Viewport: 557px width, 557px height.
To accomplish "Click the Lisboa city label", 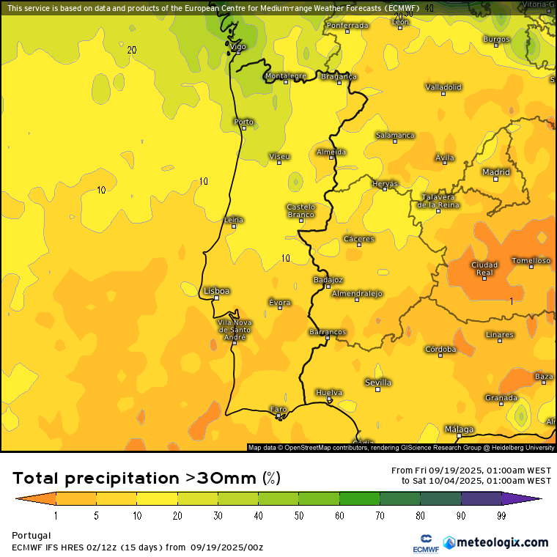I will pyautogui.click(x=217, y=291).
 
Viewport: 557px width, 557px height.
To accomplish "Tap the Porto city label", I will pyautogui.click(x=243, y=122).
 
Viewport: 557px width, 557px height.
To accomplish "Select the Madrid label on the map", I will pyautogui.click(x=496, y=172).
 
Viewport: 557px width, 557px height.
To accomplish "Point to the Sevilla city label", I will pyautogui.click(x=378, y=383).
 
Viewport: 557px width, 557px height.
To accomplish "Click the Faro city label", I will pyautogui.click(x=278, y=409).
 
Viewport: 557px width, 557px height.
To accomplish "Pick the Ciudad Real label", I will pyautogui.click(x=484, y=269).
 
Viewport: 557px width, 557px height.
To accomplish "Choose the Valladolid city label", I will pyautogui.click(x=443, y=86).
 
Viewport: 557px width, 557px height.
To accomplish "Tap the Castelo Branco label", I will pyautogui.click(x=300, y=210).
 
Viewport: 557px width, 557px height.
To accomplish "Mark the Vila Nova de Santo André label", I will pyautogui.click(x=235, y=331).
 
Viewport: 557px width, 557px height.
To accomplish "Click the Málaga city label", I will pyautogui.click(x=460, y=429).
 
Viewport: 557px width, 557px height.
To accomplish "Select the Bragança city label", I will pyautogui.click(x=339, y=76).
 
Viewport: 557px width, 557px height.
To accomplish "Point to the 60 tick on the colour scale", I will pyautogui.click(x=339, y=516).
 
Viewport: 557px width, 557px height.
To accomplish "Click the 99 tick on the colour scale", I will pyautogui.click(x=502, y=516).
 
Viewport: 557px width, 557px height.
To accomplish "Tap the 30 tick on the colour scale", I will pyautogui.click(x=218, y=516).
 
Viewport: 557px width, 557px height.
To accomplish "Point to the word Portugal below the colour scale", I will pyautogui.click(x=32, y=536).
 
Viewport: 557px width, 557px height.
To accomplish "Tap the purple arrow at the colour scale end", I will pyautogui.click(x=535, y=499).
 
